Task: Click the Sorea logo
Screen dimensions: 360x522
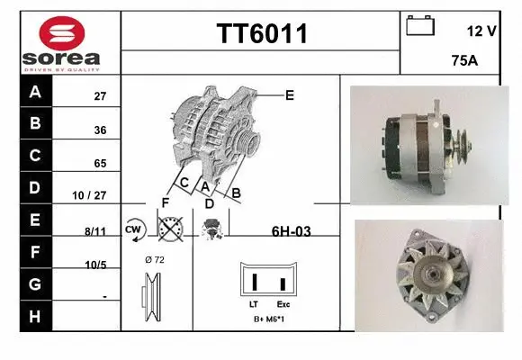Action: click(61, 43)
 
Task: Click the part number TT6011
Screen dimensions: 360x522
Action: click(261, 33)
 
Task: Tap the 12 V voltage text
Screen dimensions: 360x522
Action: click(481, 31)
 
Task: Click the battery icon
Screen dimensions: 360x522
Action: click(420, 25)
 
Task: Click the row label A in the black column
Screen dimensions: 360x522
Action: click(35, 93)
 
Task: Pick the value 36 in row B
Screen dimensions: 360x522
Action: click(100, 130)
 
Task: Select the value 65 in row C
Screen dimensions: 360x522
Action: click(100, 164)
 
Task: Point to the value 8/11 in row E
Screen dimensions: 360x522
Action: click(95, 230)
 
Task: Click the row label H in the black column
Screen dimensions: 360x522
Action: click(35, 316)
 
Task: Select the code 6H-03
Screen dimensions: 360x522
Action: click(291, 231)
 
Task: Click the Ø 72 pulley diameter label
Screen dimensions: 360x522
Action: click(154, 259)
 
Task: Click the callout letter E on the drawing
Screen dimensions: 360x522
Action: click(290, 94)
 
